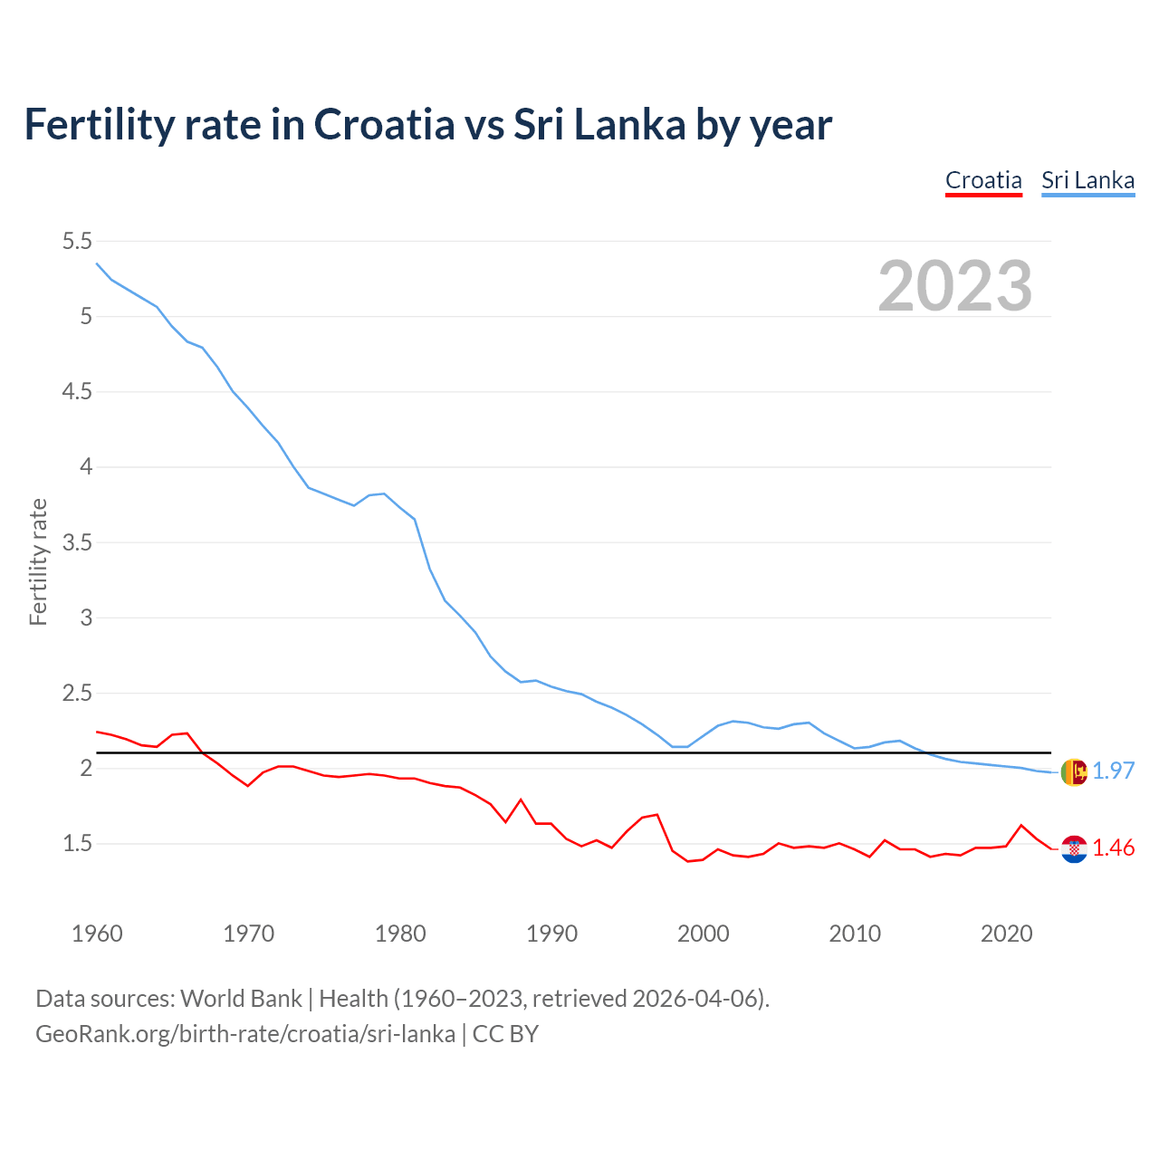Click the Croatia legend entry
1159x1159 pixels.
pyautogui.click(x=983, y=180)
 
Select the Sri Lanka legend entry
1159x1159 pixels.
pyautogui.click(x=1087, y=180)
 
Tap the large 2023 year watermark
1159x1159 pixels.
pyautogui.click(x=955, y=286)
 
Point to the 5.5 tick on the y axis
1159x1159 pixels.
pyautogui.click(x=77, y=241)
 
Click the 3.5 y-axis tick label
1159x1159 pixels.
pyautogui.click(x=77, y=542)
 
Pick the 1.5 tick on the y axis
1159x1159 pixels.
pyautogui.click(x=77, y=844)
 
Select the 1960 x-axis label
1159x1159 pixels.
pyautogui.click(x=97, y=934)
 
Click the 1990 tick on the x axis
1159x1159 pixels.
pyautogui.click(x=551, y=934)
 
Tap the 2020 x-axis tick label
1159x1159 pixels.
pyautogui.click(x=1006, y=934)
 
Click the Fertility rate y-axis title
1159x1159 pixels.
pyautogui.click(x=38, y=561)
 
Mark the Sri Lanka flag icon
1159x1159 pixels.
pyautogui.click(x=1074, y=771)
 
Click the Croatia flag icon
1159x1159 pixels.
pyautogui.click(x=1074, y=848)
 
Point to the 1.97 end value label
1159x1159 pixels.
pyautogui.click(x=1113, y=771)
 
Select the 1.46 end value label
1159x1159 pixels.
pyautogui.click(x=1113, y=848)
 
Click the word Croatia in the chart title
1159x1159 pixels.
pyautogui.click(x=384, y=124)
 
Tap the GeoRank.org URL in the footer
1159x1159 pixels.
pyautogui.click(x=245, y=1033)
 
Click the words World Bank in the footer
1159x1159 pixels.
pyautogui.click(x=241, y=999)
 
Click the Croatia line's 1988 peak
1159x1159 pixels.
pyautogui.click(x=521, y=800)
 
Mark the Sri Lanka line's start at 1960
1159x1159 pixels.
pyautogui.click(x=97, y=263)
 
